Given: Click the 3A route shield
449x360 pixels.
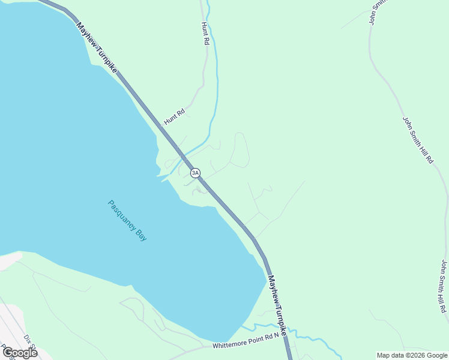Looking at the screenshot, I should coord(195,173).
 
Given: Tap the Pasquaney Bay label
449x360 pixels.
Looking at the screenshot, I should coord(127,220).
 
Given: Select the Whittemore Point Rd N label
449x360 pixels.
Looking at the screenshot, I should coord(246,341).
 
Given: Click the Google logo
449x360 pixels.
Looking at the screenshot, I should coord(20,352).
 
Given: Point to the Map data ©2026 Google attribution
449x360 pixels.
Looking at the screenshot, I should coord(412,355).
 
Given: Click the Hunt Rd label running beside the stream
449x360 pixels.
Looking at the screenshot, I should coord(205,34).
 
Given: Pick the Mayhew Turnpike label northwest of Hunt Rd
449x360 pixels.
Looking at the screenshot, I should coord(96,48).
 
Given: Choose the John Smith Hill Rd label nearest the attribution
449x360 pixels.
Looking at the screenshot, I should coord(444,287).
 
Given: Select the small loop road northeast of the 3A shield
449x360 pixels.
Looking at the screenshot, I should coord(240,150).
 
